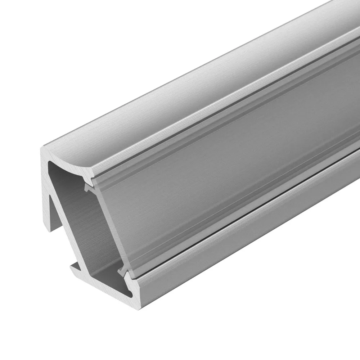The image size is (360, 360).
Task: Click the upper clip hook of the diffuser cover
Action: [87, 187]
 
